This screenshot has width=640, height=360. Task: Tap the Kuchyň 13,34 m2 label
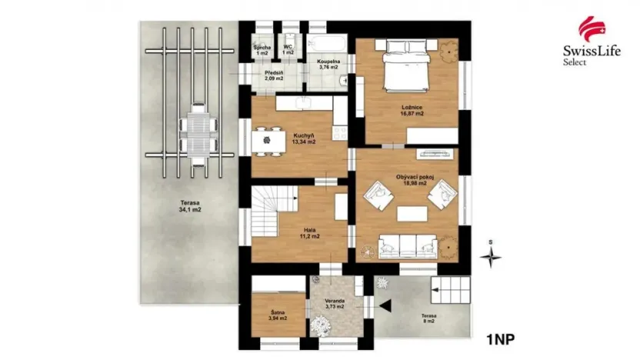point(302,138)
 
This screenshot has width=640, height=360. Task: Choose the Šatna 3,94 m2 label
point(278,315)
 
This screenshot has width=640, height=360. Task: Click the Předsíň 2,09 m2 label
point(275,75)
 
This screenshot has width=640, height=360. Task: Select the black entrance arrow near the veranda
point(385,306)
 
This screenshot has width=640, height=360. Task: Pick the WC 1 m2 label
point(288,49)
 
